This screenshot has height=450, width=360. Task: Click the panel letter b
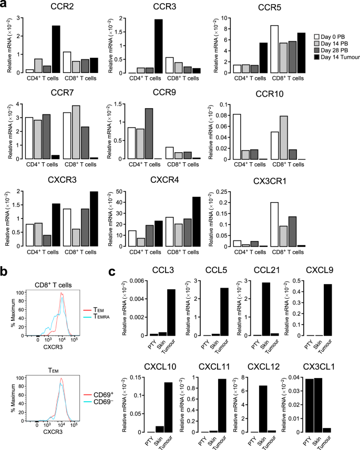5,272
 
